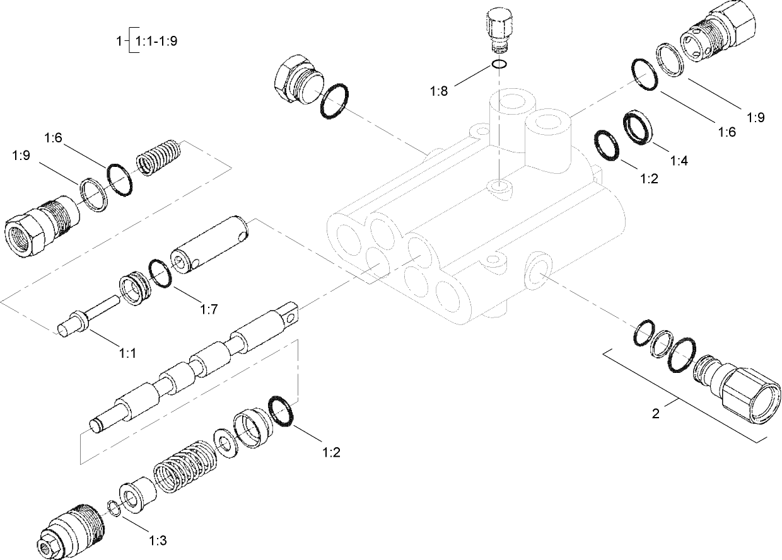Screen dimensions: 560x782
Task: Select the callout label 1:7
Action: [209, 309]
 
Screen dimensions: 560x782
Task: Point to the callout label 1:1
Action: [128, 354]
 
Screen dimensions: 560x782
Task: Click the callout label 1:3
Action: [158, 540]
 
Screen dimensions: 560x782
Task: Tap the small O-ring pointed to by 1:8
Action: [499, 64]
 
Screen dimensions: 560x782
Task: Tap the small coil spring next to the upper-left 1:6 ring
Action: [159, 157]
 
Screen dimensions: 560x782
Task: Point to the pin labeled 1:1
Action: [88, 316]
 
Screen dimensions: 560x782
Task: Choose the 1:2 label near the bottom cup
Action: [332, 452]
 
